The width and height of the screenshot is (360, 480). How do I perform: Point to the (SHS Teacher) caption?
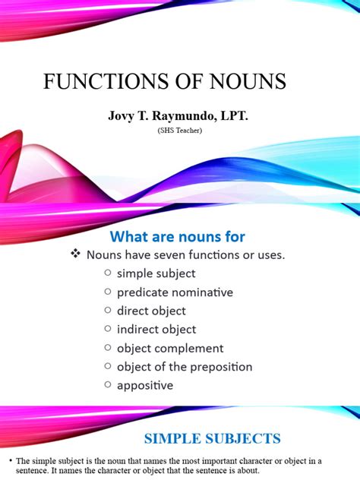[181, 131]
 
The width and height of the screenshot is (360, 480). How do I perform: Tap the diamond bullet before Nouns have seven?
[75, 255]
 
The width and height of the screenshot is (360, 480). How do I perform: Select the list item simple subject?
[156, 273]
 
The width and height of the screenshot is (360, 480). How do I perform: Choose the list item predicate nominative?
[175, 292]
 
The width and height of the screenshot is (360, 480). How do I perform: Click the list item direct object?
[151, 311]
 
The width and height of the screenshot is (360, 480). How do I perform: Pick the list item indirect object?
[156, 330]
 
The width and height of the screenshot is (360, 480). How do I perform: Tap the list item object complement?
[170, 348]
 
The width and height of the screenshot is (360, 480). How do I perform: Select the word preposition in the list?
[218, 367]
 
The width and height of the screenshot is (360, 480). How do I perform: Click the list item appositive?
[145, 385]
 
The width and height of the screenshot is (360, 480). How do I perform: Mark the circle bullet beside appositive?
[108, 385]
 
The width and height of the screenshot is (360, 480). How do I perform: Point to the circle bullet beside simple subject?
[108, 273]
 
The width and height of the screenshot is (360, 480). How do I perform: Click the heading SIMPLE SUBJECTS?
[212, 438]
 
